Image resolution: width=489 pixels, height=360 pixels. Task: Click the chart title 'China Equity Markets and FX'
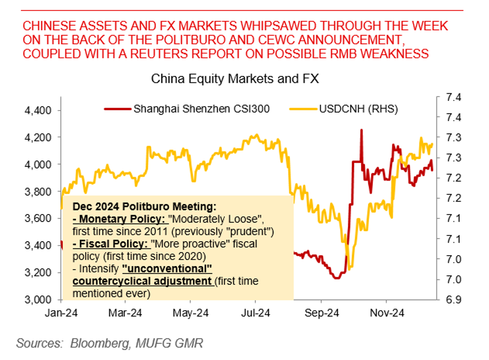[234, 79]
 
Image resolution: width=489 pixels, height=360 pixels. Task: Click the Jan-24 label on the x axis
[61, 313]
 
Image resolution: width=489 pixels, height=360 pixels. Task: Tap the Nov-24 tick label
[388, 313]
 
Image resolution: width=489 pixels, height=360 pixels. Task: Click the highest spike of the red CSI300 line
[361, 130]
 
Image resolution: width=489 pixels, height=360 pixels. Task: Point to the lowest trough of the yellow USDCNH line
[349, 269]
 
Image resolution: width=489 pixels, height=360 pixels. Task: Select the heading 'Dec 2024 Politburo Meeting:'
[144, 207]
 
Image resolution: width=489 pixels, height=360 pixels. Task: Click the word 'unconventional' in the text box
[167, 269]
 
